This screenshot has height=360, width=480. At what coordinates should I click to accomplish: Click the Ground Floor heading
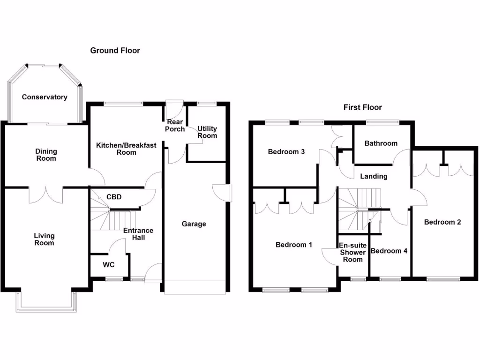tap(115, 51)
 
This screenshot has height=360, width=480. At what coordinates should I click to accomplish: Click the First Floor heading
tap(362, 107)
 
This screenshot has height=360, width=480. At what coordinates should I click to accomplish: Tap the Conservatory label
tap(45, 97)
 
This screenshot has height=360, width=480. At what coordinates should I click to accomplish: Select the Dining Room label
tap(46, 155)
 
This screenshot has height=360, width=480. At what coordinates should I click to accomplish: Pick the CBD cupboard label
tap(114, 197)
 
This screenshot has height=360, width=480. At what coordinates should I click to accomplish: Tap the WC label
tap(108, 265)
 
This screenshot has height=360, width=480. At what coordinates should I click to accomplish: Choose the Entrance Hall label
tap(138, 234)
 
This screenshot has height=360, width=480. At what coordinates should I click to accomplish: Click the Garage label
tap(194, 224)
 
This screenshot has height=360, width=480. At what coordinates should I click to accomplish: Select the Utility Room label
tap(207, 132)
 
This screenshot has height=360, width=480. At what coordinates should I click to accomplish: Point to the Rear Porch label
tap(175, 126)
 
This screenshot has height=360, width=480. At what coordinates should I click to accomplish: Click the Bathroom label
tap(381, 143)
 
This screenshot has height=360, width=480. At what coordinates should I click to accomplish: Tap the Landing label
tap(374, 177)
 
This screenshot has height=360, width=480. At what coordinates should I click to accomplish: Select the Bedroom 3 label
tap(286, 152)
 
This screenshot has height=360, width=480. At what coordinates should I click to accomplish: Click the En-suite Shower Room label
tap(352, 253)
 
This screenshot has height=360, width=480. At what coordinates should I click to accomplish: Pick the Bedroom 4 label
tap(389, 251)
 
